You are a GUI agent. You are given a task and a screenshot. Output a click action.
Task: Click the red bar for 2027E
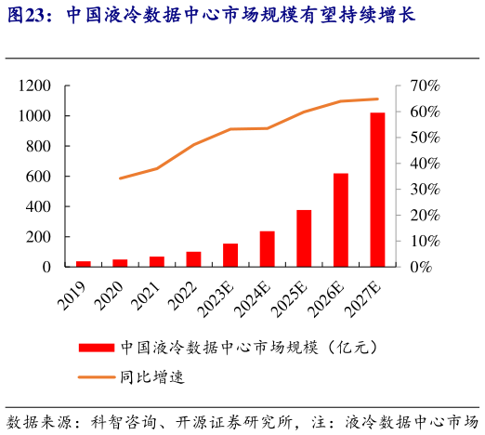tap(377, 190)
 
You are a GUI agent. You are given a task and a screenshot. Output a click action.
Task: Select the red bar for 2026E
tap(341, 220)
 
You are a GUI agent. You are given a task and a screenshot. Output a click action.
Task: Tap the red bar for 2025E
tap(304, 238)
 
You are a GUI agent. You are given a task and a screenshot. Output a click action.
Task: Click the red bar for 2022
tap(193, 259)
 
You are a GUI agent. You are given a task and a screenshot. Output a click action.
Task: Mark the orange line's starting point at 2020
tap(120, 178)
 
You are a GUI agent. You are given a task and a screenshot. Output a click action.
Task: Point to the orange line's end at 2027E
tap(377, 99)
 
